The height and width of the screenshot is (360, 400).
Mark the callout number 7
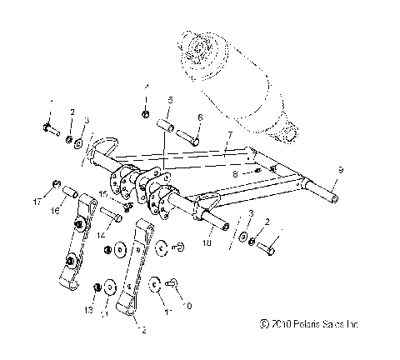[x=237, y=173]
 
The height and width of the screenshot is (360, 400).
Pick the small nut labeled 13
[x=98, y=287]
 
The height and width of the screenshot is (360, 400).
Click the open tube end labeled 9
[x=337, y=199]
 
